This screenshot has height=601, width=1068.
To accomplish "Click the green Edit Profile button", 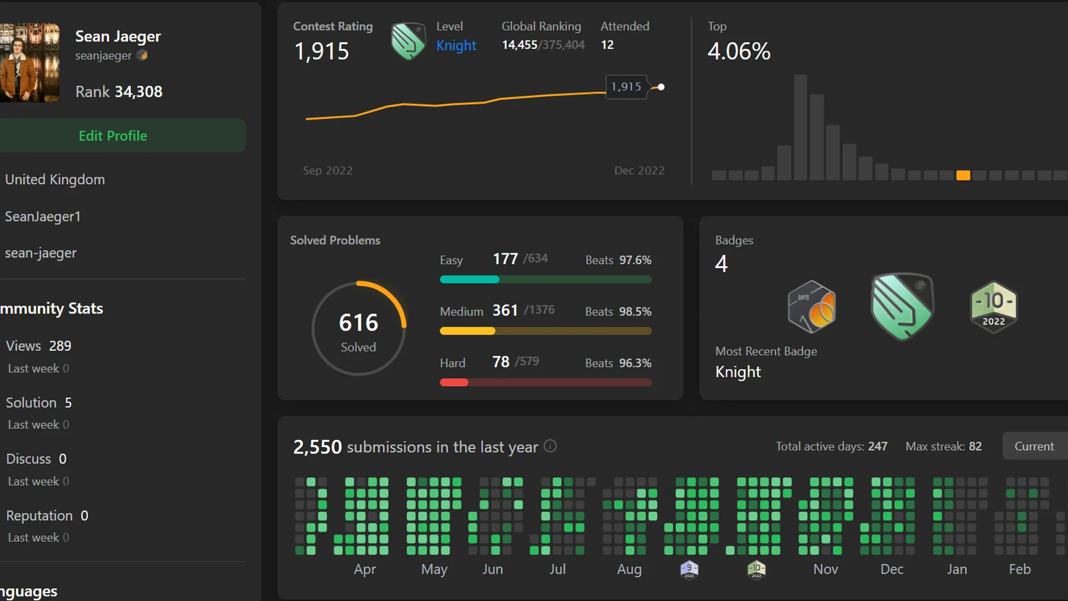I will click(x=113, y=136).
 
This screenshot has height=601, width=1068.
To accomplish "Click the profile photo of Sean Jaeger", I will click(x=29, y=62).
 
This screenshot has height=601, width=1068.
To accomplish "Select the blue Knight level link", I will click(x=456, y=46).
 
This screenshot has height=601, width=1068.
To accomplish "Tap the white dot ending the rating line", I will click(x=661, y=87).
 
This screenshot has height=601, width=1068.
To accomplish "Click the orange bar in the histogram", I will click(x=963, y=175).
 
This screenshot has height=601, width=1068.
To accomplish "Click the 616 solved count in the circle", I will click(x=358, y=323).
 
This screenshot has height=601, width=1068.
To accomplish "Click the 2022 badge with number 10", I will click(x=993, y=307).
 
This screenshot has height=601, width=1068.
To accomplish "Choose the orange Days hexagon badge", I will click(x=812, y=307).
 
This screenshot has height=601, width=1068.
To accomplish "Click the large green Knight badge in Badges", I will click(x=902, y=307).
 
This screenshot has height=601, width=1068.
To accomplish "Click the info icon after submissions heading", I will click(x=550, y=446).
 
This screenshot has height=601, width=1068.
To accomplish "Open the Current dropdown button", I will click(x=1034, y=446).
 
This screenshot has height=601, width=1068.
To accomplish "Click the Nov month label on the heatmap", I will click(x=825, y=569).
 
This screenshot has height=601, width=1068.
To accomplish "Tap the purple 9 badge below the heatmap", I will click(x=689, y=569).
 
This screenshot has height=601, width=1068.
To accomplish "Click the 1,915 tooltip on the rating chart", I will click(x=626, y=87).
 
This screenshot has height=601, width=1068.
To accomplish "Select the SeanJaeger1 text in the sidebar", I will click(x=43, y=216).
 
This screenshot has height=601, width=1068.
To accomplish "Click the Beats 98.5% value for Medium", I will click(x=635, y=312).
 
